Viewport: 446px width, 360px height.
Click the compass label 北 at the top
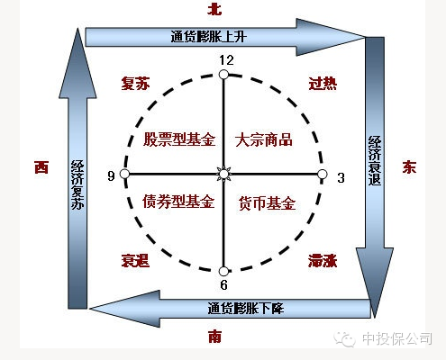click(x=214, y=9)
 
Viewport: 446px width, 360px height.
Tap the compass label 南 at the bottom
click(x=215, y=336)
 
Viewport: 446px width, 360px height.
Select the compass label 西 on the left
click(x=41, y=167)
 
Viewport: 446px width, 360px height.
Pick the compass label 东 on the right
click(x=409, y=166)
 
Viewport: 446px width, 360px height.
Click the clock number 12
click(x=226, y=60)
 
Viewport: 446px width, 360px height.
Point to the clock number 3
click(x=341, y=178)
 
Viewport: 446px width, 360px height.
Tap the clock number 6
click(x=223, y=284)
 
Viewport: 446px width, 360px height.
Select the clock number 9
click(x=111, y=175)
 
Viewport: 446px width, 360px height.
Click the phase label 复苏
click(x=135, y=84)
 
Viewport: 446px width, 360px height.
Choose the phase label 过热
click(x=323, y=84)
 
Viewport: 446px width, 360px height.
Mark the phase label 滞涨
click(x=323, y=261)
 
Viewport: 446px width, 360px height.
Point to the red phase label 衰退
click(x=135, y=261)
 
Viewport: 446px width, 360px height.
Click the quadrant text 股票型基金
click(x=179, y=139)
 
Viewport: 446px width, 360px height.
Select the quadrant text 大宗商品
click(x=264, y=139)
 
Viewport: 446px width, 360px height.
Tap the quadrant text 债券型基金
click(x=178, y=201)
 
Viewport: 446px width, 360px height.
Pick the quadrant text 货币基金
click(x=267, y=203)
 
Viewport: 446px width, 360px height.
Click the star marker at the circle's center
click(x=223, y=174)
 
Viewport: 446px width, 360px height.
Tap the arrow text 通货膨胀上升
click(x=209, y=37)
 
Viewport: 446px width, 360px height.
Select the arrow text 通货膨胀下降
click(x=246, y=308)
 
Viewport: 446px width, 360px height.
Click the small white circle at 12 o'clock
click(x=223, y=75)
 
